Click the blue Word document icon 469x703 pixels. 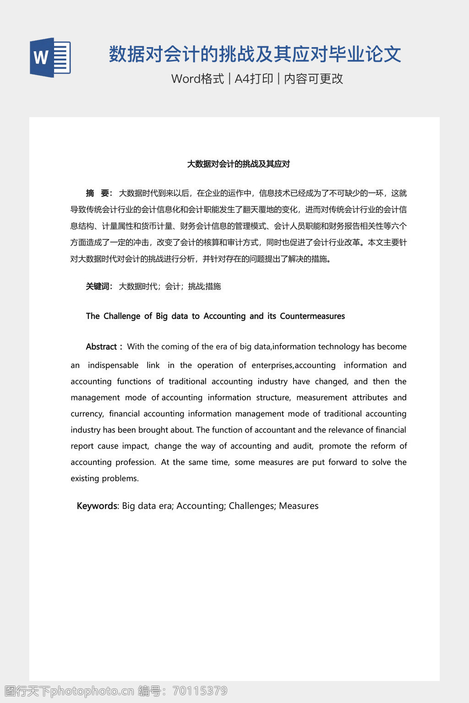(50, 58)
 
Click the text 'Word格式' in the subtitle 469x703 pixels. (197, 79)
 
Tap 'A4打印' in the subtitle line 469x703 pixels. (254, 79)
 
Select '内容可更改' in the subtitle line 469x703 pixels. (313, 79)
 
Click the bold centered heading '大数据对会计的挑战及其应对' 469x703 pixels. (238, 164)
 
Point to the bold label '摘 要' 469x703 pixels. (98, 193)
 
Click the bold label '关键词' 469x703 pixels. (98, 287)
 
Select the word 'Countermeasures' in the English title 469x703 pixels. (312, 316)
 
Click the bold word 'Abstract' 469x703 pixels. (101, 347)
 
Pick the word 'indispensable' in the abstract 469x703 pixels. (113, 365)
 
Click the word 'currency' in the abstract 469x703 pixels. (87, 414)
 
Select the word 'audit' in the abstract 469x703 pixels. (302, 446)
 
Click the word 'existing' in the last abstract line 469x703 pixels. (84, 478)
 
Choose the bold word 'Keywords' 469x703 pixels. (97, 506)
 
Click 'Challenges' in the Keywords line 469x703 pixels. (251, 506)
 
